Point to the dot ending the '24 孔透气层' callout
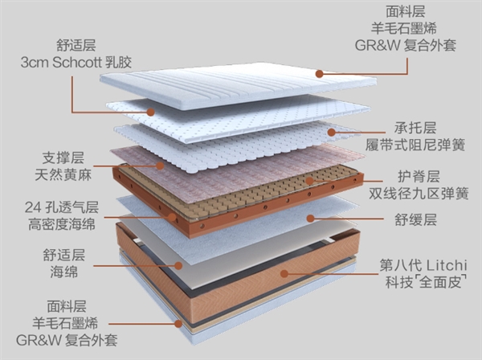(x=172, y=215)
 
